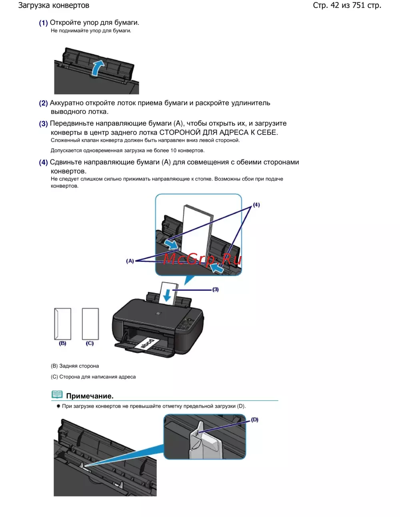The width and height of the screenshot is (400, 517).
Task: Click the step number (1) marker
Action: coord(43,23)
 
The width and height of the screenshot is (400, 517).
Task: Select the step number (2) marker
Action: coord(43,103)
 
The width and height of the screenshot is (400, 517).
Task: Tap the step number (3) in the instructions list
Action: coord(43,124)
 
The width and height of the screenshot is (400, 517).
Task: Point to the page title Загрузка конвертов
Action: coord(54,6)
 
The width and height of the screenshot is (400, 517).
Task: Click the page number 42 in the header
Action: coord(334,6)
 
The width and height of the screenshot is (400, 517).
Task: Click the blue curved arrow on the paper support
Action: coord(98,67)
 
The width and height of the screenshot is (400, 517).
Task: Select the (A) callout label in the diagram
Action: coord(130,261)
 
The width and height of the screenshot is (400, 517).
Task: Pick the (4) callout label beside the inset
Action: coord(256,205)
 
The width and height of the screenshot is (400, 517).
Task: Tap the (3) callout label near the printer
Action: coord(215,289)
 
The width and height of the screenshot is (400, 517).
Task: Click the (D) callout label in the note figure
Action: coord(255,420)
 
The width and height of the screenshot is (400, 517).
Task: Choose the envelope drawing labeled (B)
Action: coord(63,324)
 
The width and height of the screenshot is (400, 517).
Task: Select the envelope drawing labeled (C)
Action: coord(90,324)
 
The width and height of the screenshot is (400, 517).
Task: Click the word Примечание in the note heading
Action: coord(90,396)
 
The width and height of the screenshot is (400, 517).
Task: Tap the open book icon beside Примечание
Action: coord(57,395)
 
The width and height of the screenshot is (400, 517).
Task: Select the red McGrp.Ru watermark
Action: coord(202,259)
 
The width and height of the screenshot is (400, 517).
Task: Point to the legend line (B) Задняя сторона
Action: coord(75,366)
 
